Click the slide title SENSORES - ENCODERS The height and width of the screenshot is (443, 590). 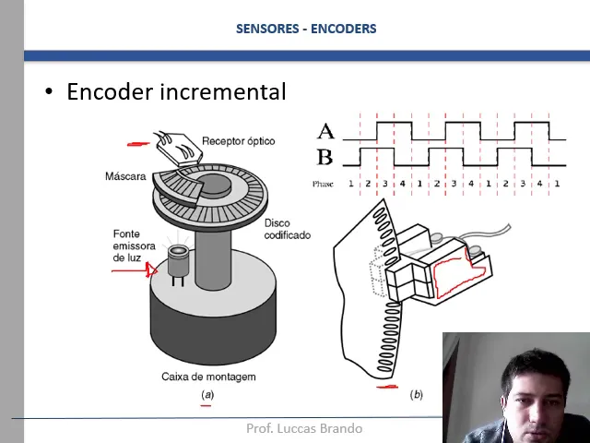pos(306,29)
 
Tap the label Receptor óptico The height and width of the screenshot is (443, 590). pos(238,141)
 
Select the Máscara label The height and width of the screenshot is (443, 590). pos(125,176)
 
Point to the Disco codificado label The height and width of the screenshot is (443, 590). pos(287,229)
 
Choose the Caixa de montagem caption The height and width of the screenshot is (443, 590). pos(208,377)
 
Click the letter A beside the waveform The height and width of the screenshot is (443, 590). pos(325,132)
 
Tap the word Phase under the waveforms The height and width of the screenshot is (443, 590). pos(323,184)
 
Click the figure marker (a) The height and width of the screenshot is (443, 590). pos(206,395)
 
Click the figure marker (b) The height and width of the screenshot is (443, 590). pos(416,394)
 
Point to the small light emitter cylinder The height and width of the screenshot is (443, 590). pos(177,261)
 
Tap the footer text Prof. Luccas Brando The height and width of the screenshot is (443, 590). pos(304,428)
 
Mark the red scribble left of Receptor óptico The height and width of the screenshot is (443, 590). pos(139,143)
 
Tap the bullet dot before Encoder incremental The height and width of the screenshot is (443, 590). pos(50,92)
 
